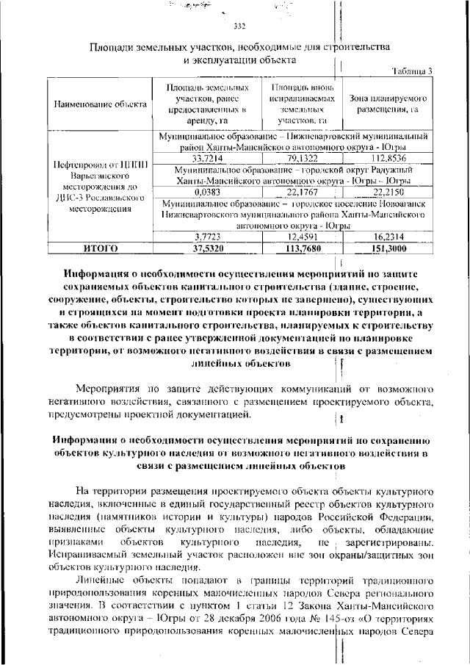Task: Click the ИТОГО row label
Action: pos(100,248)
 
